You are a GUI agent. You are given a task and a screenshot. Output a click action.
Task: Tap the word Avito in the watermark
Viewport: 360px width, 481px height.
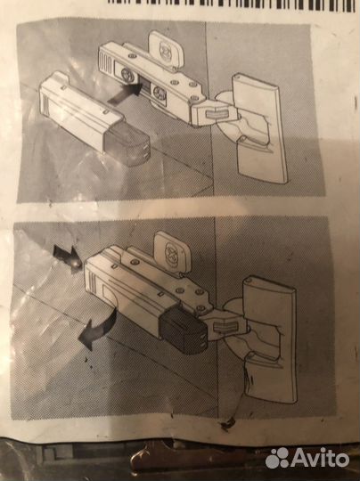(322, 458)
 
